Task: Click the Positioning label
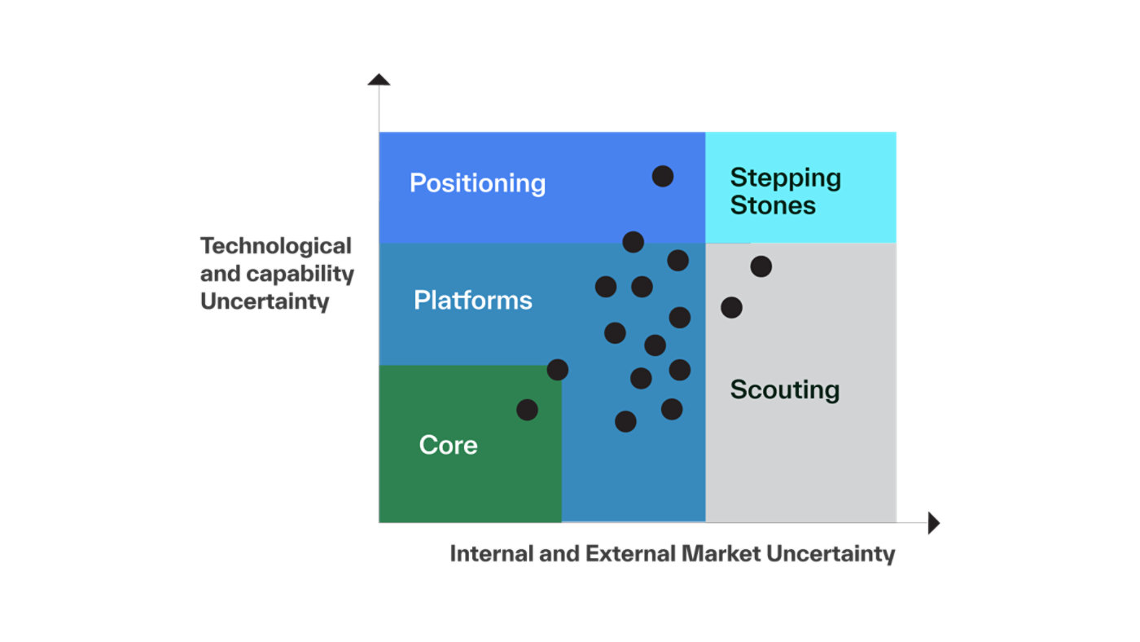click(x=477, y=183)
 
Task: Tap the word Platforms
click(x=473, y=300)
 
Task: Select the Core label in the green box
click(x=449, y=445)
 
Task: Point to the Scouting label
click(x=785, y=390)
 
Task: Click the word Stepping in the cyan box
click(x=785, y=178)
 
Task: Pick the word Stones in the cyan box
click(x=773, y=205)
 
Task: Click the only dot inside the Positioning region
click(x=663, y=176)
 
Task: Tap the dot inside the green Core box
click(x=528, y=410)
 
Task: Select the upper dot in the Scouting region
click(x=761, y=266)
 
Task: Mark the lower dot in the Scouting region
click(x=731, y=307)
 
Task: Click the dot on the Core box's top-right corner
click(x=558, y=370)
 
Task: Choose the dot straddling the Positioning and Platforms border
click(x=634, y=242)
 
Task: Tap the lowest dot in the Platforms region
click(x=625, y=421)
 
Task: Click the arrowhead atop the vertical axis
click(x=379, y=79)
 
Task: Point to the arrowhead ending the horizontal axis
click(x=934, y=523)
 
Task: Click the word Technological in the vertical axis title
click(x=276, y=246)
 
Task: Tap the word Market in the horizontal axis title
click(x=721, y=554)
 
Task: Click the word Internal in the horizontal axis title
click(x=492, y=554)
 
